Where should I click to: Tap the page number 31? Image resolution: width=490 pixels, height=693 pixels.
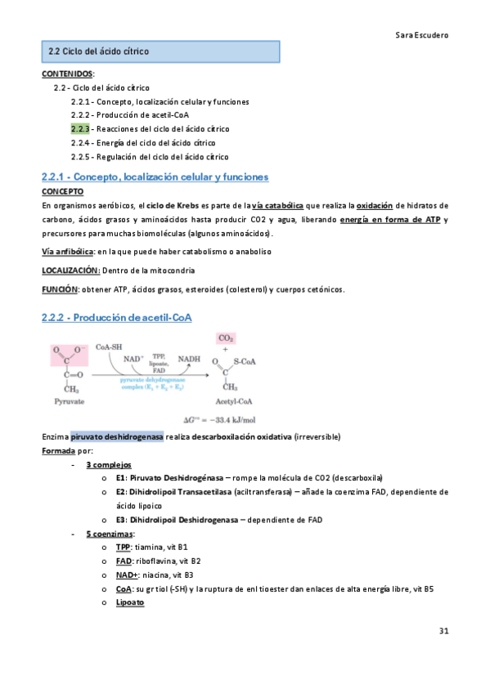click(x=443, y=631)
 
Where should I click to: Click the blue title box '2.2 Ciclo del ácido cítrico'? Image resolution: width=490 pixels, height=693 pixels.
click(x=160, y=51)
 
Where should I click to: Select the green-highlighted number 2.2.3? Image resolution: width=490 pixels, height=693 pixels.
click(x=79, y=128)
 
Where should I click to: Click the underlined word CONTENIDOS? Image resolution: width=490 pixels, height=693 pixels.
click(x=67, y=74)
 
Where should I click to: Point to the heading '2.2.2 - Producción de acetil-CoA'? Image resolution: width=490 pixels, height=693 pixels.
click(x=116, y=317)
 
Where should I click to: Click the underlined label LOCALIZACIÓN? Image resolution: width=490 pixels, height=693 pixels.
click(x=70, y=270)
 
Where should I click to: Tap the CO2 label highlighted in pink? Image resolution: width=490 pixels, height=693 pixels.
click(x=225, y=338)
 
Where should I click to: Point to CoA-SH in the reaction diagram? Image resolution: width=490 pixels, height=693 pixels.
click(x=110, y=346)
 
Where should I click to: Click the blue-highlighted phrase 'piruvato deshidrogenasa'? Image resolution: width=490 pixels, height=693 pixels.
click(x=117, y=436)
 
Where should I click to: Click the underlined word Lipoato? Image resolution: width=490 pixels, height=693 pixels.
click(x=130, y=602)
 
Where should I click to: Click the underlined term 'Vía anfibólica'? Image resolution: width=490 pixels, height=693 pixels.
click(x=67, y=251)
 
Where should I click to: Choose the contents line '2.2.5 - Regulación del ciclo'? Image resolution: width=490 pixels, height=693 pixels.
click(x=149, y=156)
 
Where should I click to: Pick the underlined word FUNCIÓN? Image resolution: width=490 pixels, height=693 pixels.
click(x=60, y=288)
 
